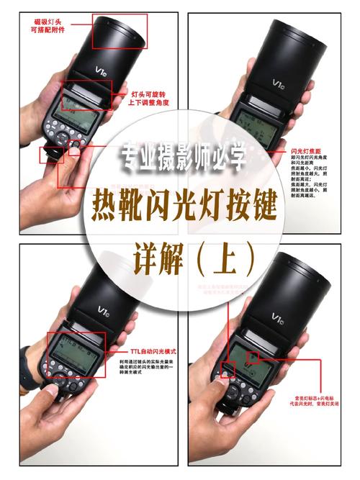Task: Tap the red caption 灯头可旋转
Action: tap(151, 94)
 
